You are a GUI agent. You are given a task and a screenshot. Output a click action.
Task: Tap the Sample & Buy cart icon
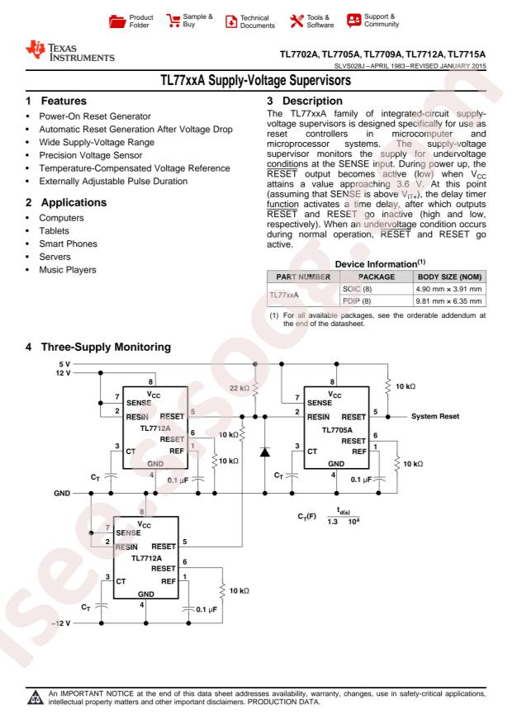(x=175, y=19)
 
